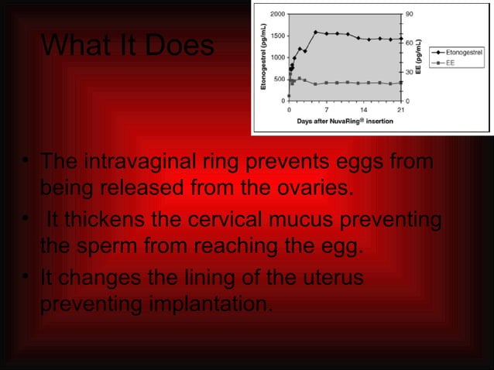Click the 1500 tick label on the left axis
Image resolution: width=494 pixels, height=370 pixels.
pos(276,36)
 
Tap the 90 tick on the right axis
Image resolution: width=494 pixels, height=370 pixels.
pos(410,14)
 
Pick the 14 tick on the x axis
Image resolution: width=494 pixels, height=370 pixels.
pos(363,110)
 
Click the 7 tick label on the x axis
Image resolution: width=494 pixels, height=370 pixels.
pos(326,110)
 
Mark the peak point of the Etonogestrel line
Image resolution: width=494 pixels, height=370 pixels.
pos(315,33)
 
